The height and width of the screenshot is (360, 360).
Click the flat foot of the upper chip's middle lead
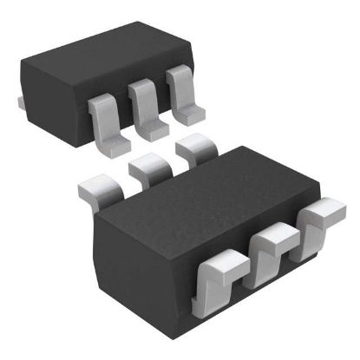tap(154, 131)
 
